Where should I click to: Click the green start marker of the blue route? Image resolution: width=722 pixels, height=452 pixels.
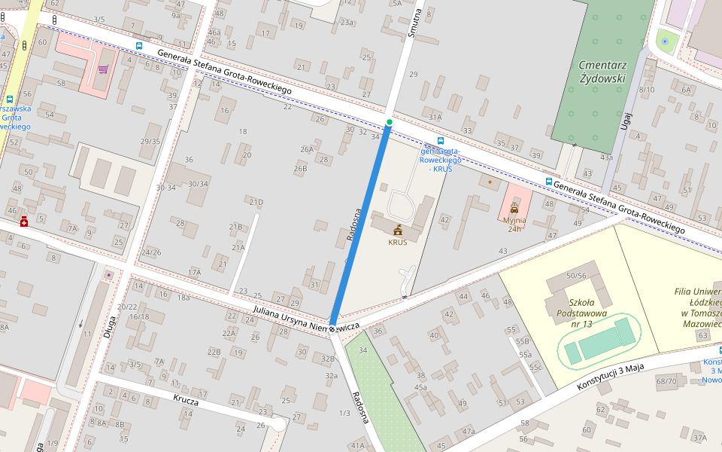pyautogui.click(x=389, y=122)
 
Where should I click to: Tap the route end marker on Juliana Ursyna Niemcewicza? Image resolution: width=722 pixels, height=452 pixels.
pyautogui.click(x=332, y=328)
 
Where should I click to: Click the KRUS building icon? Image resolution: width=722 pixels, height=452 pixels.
pyautogui.click(x=397, y=230)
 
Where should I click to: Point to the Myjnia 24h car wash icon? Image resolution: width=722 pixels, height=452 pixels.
pyautogui.click(x=514, y=208)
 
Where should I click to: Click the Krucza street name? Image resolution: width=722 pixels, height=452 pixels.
pyautogui.click(x=185, y=401)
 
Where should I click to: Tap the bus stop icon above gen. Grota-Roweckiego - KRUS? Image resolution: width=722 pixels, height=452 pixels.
pyautogui.click(x=440, y=141)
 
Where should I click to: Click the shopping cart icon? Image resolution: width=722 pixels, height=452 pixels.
pyautogui.click(x=102, y=70)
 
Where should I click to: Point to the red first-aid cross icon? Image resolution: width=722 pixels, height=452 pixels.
pyautogui.click(x=24, y=221)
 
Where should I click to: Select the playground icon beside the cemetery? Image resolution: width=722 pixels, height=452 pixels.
pyautogui.click(x=664, y=41)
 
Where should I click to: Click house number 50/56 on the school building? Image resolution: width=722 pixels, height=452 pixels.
pyautogui.click(x=576, y=276)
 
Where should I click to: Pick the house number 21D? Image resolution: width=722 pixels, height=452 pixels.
pyautogui.click(x=256, y=202)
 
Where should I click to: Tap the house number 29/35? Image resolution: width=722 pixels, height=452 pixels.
pyautogui.click(x=150, y=142)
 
